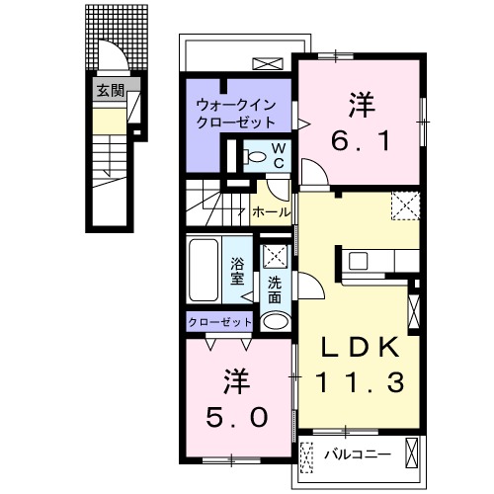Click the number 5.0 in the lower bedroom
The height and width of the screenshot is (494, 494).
(235, 416)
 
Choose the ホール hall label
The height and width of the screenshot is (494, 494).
(271, 212)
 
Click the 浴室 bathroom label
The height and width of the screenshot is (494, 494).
(238, 270)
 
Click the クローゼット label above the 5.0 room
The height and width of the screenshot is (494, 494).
(220, 322)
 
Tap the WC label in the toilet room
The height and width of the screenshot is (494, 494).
(278, 155)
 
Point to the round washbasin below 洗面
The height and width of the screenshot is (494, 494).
(276, 320)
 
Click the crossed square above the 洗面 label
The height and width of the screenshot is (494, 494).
(274, 255)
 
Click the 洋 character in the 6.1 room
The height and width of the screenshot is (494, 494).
(362, 103)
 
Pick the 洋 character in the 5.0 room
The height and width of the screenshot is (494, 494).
(234, 378)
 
